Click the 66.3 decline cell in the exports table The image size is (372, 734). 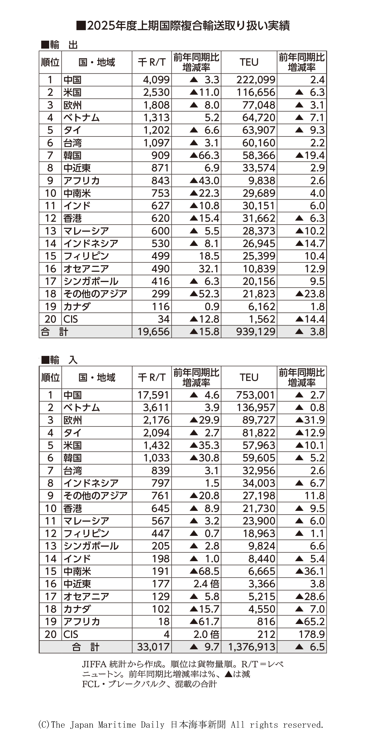[x=205, y=155]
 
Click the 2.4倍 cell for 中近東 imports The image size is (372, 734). [x=206, y=584]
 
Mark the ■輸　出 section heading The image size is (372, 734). [x=59, y=45]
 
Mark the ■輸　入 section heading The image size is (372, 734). [x=59, y=360]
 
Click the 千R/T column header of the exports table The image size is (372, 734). [x=152, y=62]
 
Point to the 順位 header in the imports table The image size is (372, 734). [x=50, y=377]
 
